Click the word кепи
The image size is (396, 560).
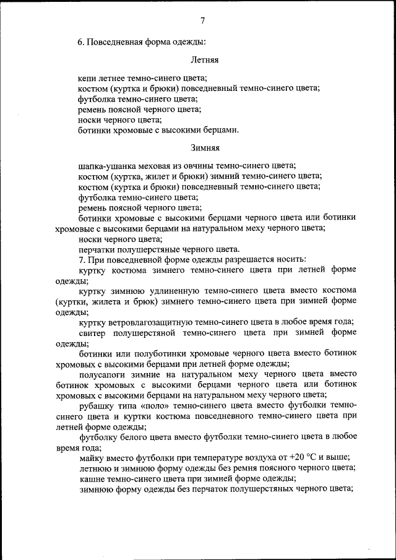(88, 79)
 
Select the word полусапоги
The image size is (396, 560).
(105, 374)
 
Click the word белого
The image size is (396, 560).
(140, 436)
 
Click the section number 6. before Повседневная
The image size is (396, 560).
(81, 42)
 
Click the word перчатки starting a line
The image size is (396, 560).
(98, 249)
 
